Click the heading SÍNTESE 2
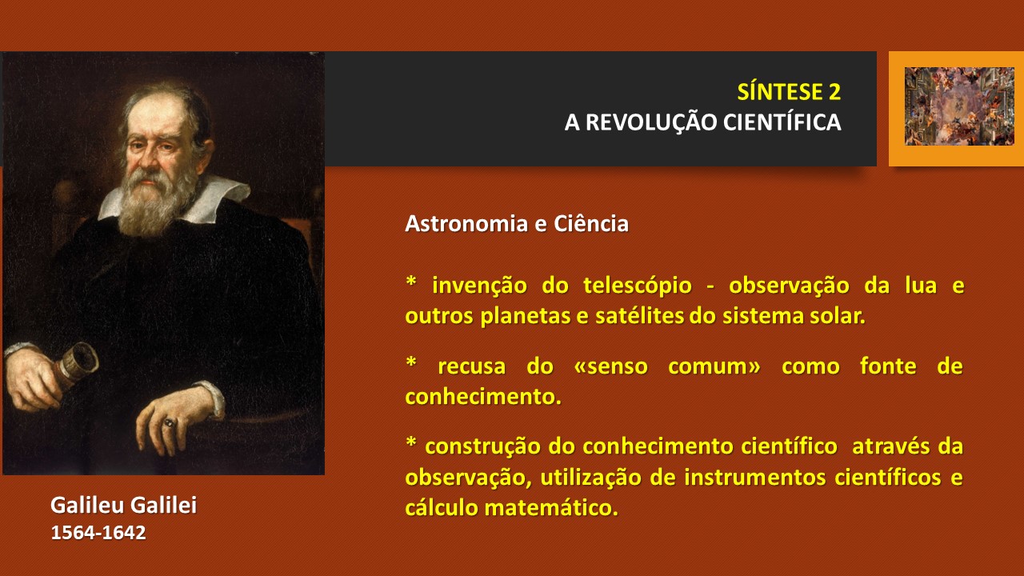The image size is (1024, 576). point(789,91)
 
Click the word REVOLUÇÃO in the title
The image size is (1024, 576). point(651,123)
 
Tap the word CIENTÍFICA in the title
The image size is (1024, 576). point(782,122)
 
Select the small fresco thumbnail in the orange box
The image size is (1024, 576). point(959,106)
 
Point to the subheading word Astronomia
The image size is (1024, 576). point(466,223)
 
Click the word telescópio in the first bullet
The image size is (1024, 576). point(638,286)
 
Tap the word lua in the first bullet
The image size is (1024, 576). point(921,286)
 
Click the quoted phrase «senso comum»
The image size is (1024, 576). point(667,366)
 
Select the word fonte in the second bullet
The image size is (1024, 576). point(888,366)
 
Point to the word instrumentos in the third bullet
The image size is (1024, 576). point(755,478)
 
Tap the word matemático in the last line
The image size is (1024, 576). point(551,507)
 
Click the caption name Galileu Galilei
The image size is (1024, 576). point(123,505)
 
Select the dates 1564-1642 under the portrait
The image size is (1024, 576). point(98,533)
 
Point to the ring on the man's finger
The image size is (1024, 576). point(170,422)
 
